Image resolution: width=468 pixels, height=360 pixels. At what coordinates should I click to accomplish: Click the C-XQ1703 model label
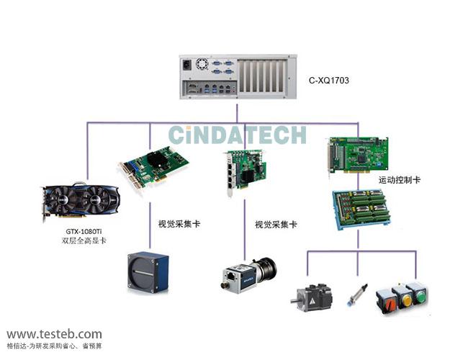tap(329, 81)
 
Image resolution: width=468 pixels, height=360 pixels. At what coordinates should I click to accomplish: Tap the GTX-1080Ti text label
tap(84, 231)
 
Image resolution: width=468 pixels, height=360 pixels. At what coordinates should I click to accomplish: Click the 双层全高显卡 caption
tap(84, 240)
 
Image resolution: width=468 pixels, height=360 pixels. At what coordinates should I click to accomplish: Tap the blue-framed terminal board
tap(361, 210)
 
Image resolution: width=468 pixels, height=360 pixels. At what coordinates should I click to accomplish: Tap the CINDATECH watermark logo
tap(238, 135)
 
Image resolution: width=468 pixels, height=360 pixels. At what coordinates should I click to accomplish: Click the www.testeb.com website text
tap(55, 334)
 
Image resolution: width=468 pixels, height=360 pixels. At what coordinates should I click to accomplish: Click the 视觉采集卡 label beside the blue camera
tap(179, 224)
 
